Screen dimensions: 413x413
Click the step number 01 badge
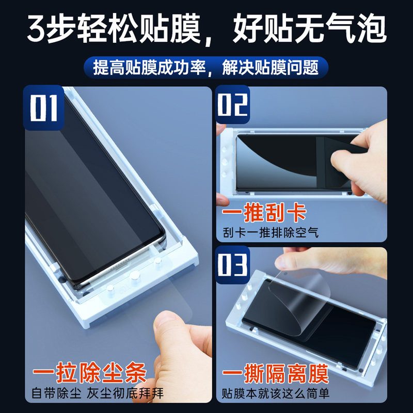point(43,108)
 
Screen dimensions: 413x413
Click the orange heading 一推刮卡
point(264,213)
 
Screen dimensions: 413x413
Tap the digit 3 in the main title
point(37,29)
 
